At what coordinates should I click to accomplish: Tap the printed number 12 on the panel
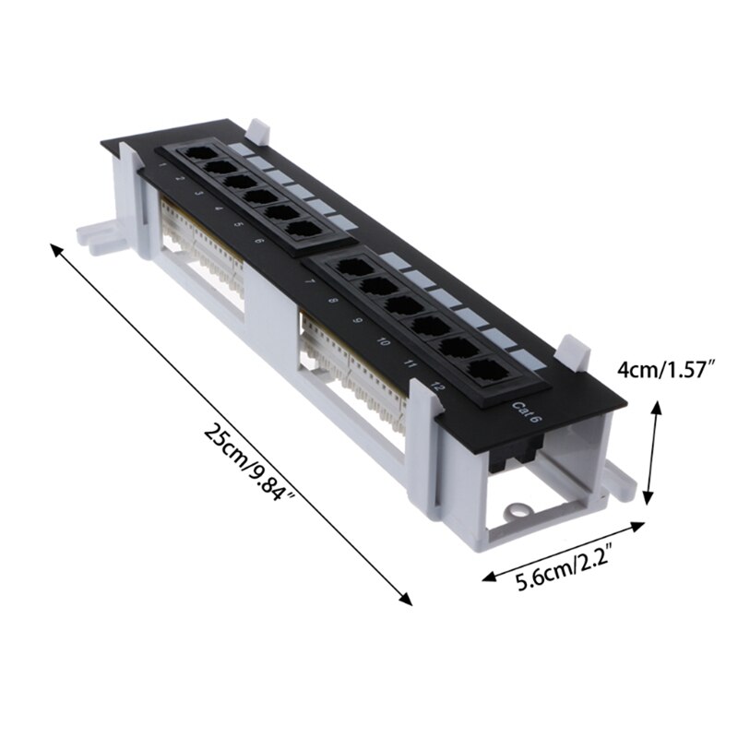[x=436, y=387]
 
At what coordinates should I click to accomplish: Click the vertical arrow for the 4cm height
[x=654, y=452]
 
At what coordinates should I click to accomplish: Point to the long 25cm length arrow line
[x=231, y=424]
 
